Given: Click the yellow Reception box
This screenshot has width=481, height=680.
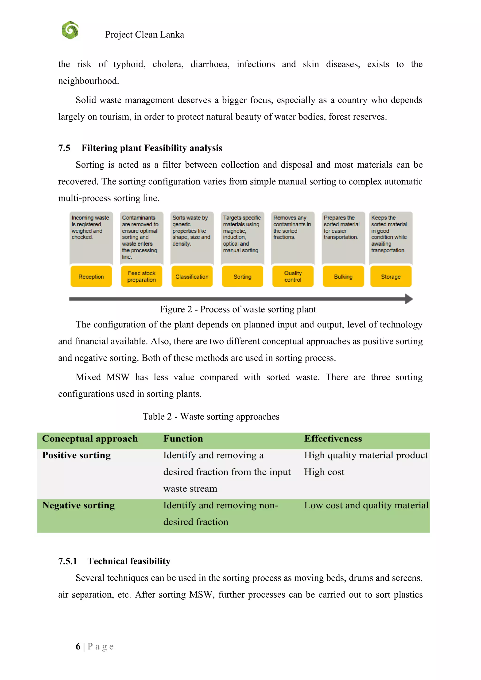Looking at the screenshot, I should (91, 276).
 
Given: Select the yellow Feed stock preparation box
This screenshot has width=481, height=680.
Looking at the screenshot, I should (142, 276).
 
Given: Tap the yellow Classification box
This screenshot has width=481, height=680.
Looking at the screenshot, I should (192, 276).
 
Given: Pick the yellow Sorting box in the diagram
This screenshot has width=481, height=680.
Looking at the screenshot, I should (242, 276).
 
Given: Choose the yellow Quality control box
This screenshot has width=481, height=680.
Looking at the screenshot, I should (293, 276).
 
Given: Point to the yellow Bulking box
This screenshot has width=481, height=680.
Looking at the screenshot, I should (343, 276).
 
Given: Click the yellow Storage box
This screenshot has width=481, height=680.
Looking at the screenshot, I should (391, 276).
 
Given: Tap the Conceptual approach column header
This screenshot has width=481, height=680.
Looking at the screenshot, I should (90, 439).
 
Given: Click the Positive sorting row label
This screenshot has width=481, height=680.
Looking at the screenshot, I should (76, 455).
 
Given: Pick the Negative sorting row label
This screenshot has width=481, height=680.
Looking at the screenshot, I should (78, 505).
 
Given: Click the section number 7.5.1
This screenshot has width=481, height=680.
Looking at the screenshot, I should (68, 561).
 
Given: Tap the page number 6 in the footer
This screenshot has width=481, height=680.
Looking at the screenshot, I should (78, 646).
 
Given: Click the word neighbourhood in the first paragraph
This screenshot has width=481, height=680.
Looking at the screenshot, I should (88, 81).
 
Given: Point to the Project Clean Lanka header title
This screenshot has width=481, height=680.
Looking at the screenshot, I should (144, 35).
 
